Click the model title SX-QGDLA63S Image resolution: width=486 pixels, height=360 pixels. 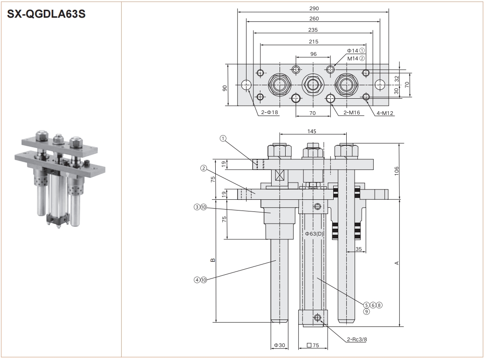click(x=46, y=14)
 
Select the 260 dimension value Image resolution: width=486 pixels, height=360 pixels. click(x=314, y=19)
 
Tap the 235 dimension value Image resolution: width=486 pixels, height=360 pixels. click(x=314, y=29)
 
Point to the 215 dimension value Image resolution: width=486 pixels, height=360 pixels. click(x=314, y=41)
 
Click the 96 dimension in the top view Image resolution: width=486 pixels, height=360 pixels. click(x=313, y=54)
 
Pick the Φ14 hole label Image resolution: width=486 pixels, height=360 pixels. click(x=352, y=50)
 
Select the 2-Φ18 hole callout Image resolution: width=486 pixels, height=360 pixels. click(x=269, y=112)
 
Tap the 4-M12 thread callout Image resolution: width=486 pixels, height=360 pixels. click(x=385, y=112)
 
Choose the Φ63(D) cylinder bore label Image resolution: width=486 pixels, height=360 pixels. click(x=315, y=233)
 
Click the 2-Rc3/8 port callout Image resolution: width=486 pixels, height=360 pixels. click(x=357, y=339)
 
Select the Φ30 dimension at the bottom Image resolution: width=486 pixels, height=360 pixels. click(x=279, y=345)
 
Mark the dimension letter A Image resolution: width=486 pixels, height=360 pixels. click(x=397, y=263)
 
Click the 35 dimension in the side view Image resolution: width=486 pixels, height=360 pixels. click(x=358, y=249)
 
